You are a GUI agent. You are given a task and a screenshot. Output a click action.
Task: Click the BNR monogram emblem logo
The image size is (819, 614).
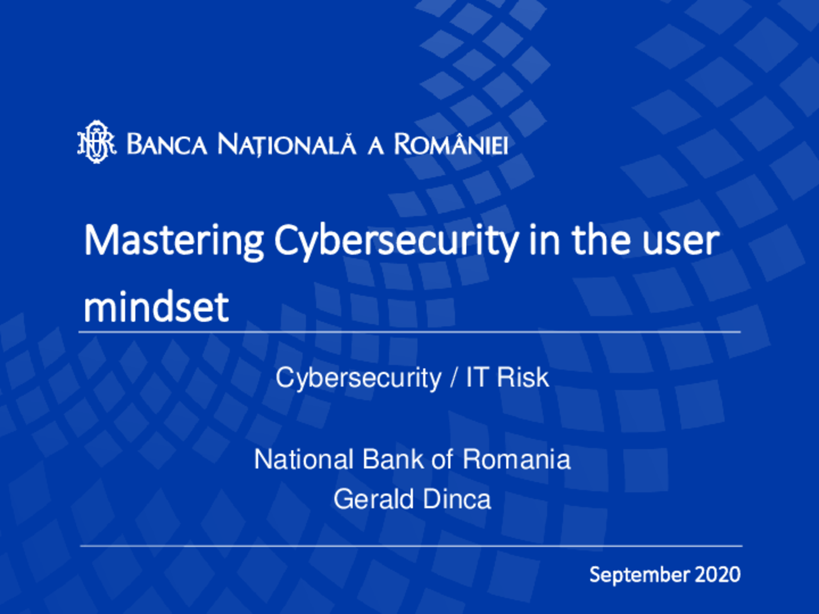[97, 142]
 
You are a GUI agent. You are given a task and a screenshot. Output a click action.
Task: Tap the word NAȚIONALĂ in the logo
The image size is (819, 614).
[287, 145]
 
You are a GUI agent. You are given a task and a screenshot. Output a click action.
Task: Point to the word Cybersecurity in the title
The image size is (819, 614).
[396, 242]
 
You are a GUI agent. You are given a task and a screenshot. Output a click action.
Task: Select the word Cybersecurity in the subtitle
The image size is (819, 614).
[359, 377]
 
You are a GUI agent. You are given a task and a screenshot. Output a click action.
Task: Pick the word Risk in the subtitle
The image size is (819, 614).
[523, 377]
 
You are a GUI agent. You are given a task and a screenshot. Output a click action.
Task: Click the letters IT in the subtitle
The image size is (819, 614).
[477, 377]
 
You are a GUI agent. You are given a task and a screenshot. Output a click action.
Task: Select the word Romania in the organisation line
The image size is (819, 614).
[516, 459]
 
